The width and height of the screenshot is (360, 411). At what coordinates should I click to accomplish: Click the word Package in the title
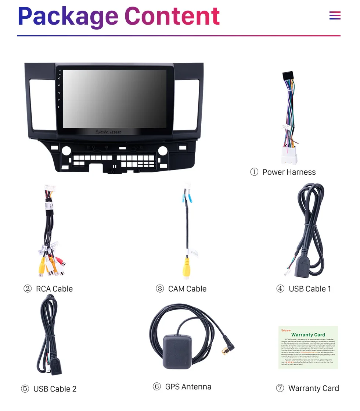68,17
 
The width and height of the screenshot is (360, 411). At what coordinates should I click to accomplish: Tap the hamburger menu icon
335,16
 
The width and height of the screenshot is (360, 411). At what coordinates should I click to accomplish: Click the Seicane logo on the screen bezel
108,132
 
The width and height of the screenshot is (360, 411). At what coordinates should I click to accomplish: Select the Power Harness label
289,172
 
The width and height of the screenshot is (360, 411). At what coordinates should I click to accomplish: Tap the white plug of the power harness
289,155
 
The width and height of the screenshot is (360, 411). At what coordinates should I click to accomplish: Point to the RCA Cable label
54,289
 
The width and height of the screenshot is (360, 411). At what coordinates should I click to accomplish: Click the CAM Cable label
187,289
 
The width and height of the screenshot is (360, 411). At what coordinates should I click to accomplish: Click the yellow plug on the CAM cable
187,268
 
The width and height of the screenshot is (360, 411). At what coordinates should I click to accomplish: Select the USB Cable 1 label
310,289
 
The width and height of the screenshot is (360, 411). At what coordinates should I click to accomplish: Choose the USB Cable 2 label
55,389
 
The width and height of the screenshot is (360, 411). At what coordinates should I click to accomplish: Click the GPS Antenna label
188,387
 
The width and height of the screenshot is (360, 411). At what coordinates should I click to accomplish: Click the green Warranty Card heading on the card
308,335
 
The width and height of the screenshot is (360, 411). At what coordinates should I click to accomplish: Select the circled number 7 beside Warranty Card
280,388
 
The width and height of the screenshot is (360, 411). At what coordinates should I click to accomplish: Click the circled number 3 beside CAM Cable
160,289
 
